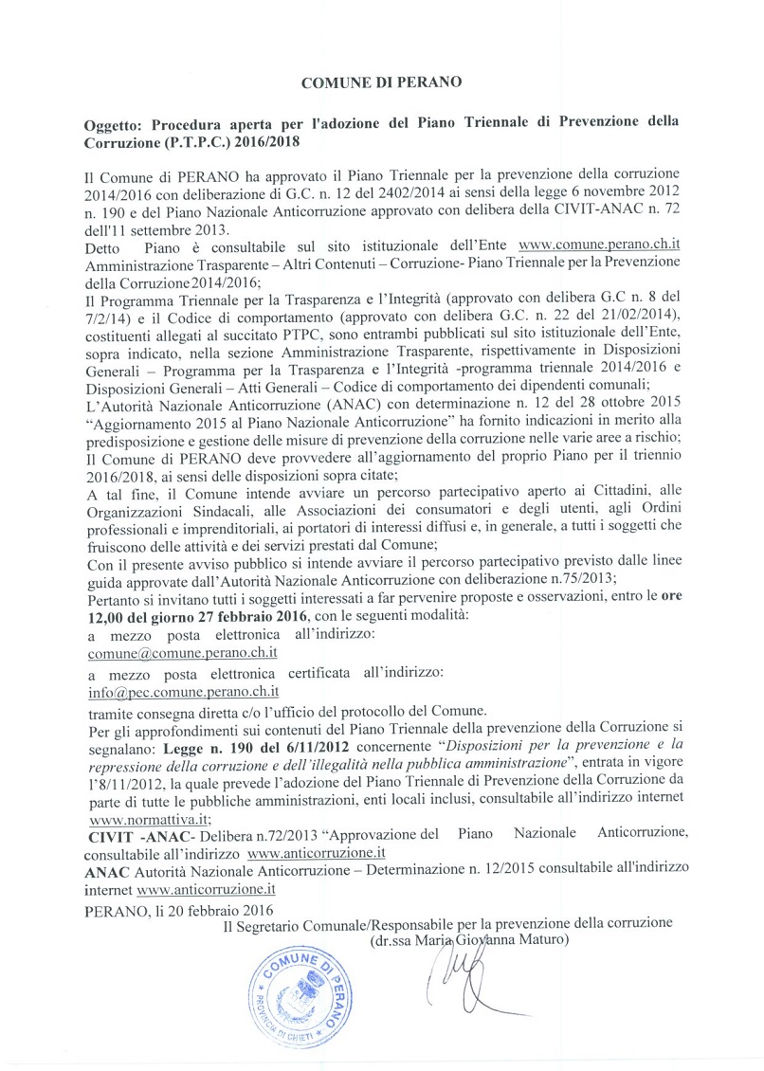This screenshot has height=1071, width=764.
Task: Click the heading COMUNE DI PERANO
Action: (381, 82)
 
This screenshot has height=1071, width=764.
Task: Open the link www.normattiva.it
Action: (148, 820)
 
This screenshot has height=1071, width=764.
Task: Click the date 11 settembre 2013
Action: (168, 230)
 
